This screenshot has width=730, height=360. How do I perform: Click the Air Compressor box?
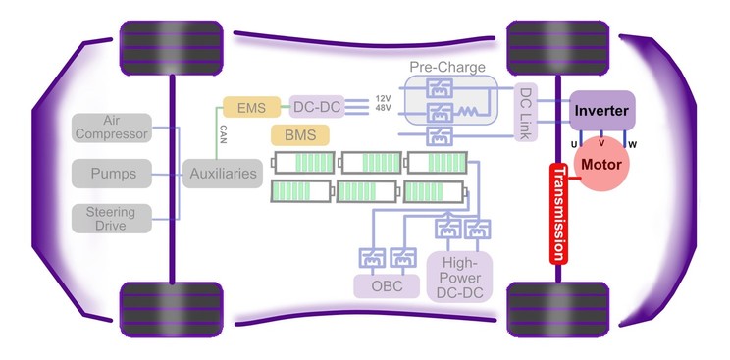point(111,128)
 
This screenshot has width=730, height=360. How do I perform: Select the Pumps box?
point(111,175)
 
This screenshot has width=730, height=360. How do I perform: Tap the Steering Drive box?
point(111,219)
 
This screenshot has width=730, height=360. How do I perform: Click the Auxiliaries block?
point(223,175)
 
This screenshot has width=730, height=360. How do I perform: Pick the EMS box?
point(251,106)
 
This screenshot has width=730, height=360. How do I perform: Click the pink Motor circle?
point(601,164)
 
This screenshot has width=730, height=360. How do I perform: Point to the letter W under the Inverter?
point(632,145)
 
